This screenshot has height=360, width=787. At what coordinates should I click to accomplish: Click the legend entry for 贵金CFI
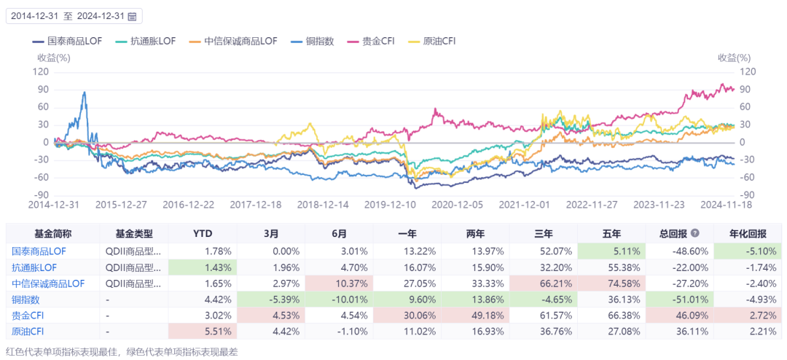point(374,42)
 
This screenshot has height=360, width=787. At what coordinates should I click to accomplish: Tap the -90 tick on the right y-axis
point(748,195)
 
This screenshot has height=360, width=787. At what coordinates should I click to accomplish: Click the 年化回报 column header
point(748,234)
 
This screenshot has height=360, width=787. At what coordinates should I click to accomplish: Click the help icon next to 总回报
point(694,234)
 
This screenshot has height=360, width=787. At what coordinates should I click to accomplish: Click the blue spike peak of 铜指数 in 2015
point(85,93)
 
